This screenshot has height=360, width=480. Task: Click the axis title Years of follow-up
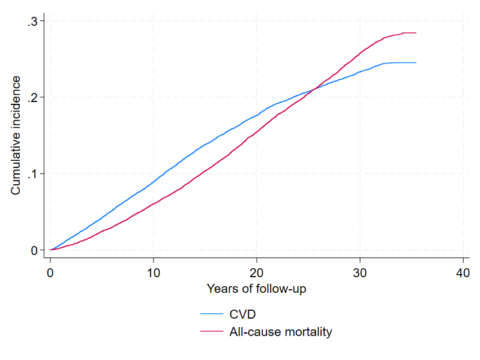pyautogui.click(x=257, y=289)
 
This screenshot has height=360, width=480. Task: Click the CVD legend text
pyautogui.click(x=241, y=313)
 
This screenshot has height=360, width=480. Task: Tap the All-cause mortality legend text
pyautogui.click(x=281, y=331)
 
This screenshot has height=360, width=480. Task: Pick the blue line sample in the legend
pyautogui.click(x=211, y=313)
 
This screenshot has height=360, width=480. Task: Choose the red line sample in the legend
pyautogui.click(x=211, y=331)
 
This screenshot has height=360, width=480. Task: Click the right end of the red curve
pyautogui.click(x=416, y=33)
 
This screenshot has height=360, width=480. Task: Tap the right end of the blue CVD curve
pyautogui.click(x=416, y=62)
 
